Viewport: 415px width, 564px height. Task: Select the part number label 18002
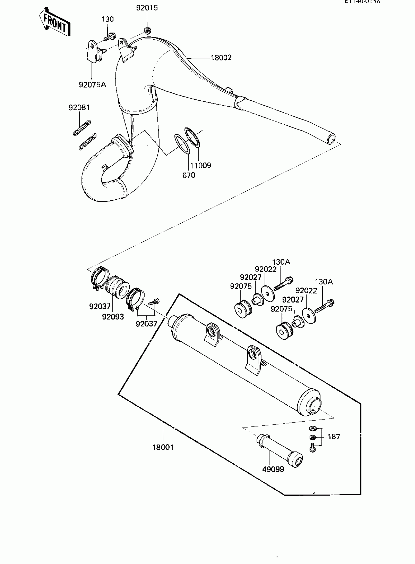221,58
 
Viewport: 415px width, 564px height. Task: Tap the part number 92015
147,8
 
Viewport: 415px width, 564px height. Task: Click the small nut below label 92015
147,31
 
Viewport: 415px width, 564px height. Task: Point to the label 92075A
93,85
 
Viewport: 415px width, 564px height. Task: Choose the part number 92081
79,108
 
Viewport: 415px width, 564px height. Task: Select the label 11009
200,165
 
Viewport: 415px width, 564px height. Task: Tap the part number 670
189,175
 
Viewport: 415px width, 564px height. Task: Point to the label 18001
163,447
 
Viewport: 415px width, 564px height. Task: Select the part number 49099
273,469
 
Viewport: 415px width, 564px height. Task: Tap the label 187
334,437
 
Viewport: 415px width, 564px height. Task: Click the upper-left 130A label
281,262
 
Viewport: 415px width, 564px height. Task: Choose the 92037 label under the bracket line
146,324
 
